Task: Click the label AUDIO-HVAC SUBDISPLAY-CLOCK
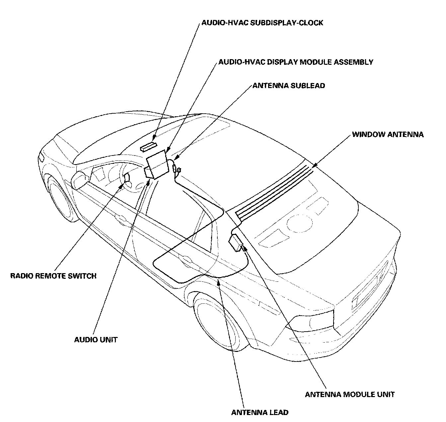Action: click(x=262, y=23)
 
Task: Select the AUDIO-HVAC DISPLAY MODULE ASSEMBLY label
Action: click(x=296, y=62)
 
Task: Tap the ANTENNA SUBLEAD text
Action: click(x=289, y=86)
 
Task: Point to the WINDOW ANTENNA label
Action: click(x=388, y=135)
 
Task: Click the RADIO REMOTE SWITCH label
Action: click(x=53, y=275)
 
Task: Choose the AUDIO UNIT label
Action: click(x=96, y=340)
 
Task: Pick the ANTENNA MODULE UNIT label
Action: click(x=350, y=394)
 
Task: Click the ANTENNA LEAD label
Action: click(x=260, y=413)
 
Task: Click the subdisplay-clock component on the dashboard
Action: click(x=148, y=146)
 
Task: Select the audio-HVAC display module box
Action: click(x=157, y=164)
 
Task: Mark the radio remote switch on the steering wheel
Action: click(x=126, y=179)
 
